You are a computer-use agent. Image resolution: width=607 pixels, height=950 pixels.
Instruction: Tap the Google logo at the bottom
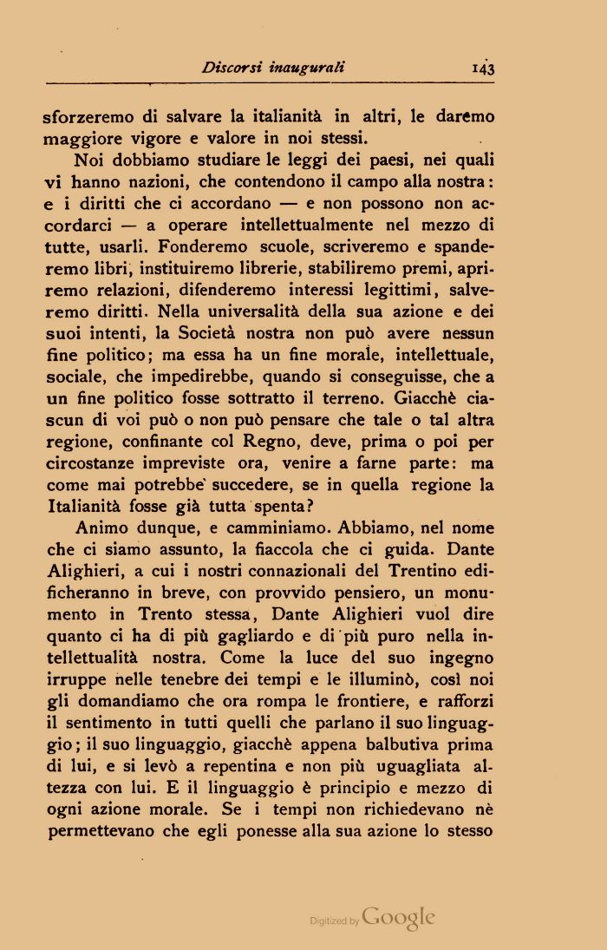398,918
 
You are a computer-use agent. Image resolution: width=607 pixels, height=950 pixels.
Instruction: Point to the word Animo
101,528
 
